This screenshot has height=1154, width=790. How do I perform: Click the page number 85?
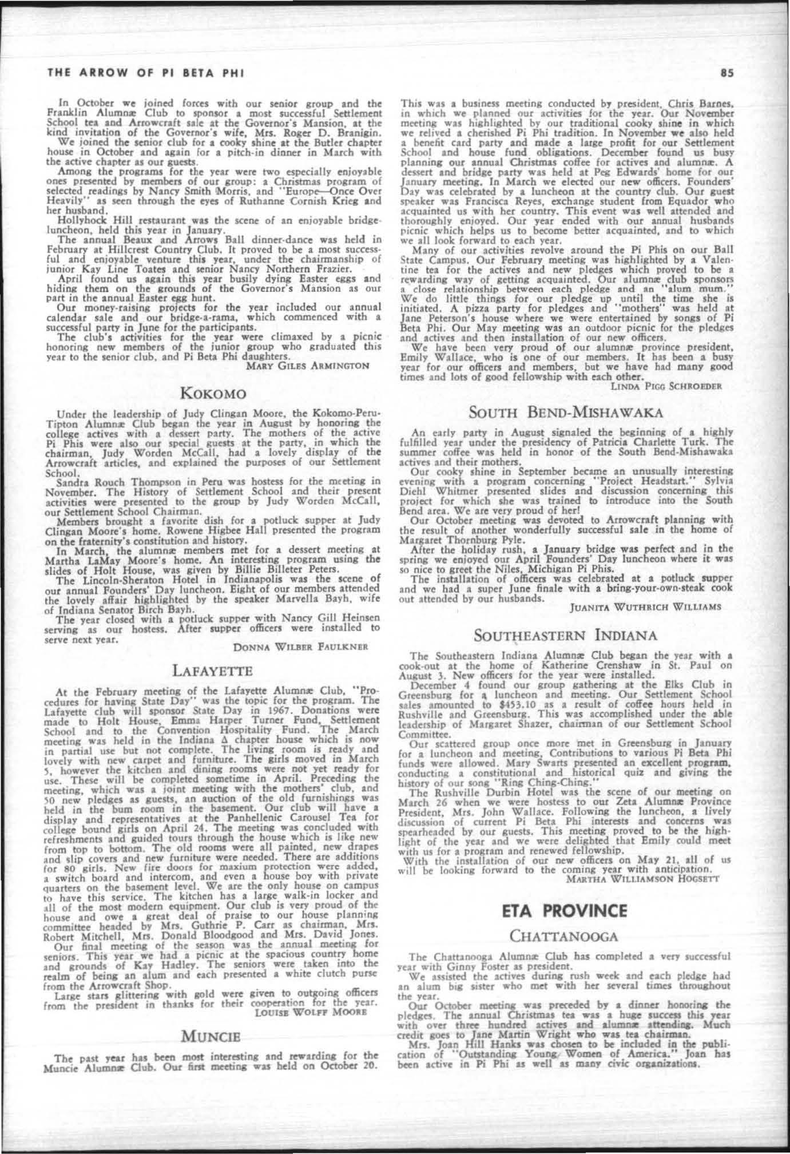click(727, 73)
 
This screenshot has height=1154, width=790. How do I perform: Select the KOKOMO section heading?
click(213, 394)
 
